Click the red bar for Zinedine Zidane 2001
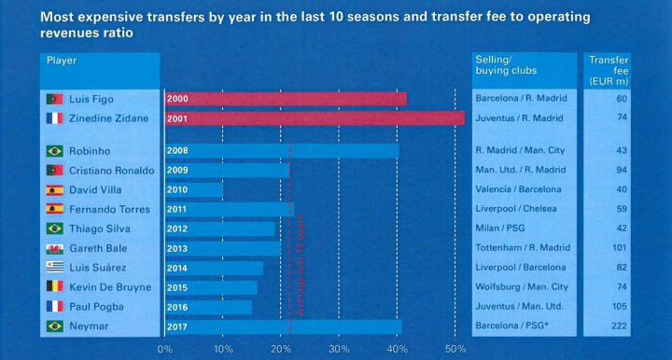[314, 118]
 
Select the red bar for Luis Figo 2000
[285, 99]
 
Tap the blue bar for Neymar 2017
[283, 326]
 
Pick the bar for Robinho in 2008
[281, 150]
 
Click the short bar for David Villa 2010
[194, 189]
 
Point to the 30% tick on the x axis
[339, 349]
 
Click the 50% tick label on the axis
[455, 349]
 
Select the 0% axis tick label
[165, 349]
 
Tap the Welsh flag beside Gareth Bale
[54, 248]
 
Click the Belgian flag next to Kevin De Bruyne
[54, 287]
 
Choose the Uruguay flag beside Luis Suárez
[54, 268]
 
